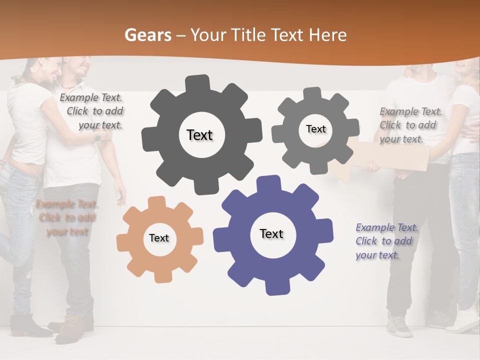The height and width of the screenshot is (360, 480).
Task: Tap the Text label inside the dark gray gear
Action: (199, 135)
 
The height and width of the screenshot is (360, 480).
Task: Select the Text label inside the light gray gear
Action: (315, 129)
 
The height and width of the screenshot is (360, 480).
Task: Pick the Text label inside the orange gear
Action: (159, 238)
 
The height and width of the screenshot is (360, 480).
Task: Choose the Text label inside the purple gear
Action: (271, 234)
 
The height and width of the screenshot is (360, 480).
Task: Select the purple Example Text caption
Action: (386, 241)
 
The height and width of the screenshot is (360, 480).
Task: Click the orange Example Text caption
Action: (67, 217)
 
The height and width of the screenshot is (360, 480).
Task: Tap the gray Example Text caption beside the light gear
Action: (410, 125)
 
